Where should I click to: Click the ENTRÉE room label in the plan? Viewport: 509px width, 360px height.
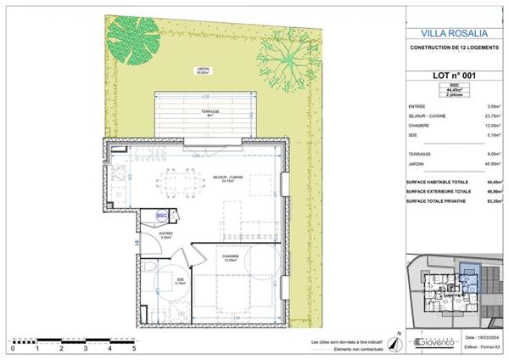(166, 235)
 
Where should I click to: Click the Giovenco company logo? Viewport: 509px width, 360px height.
(436, 343)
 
